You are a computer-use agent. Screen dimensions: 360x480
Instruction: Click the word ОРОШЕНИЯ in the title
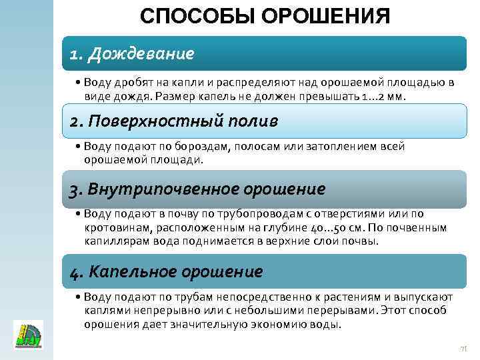click(x=326, y=17)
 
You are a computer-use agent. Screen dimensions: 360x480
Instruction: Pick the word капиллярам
click(x=113, y=240)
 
